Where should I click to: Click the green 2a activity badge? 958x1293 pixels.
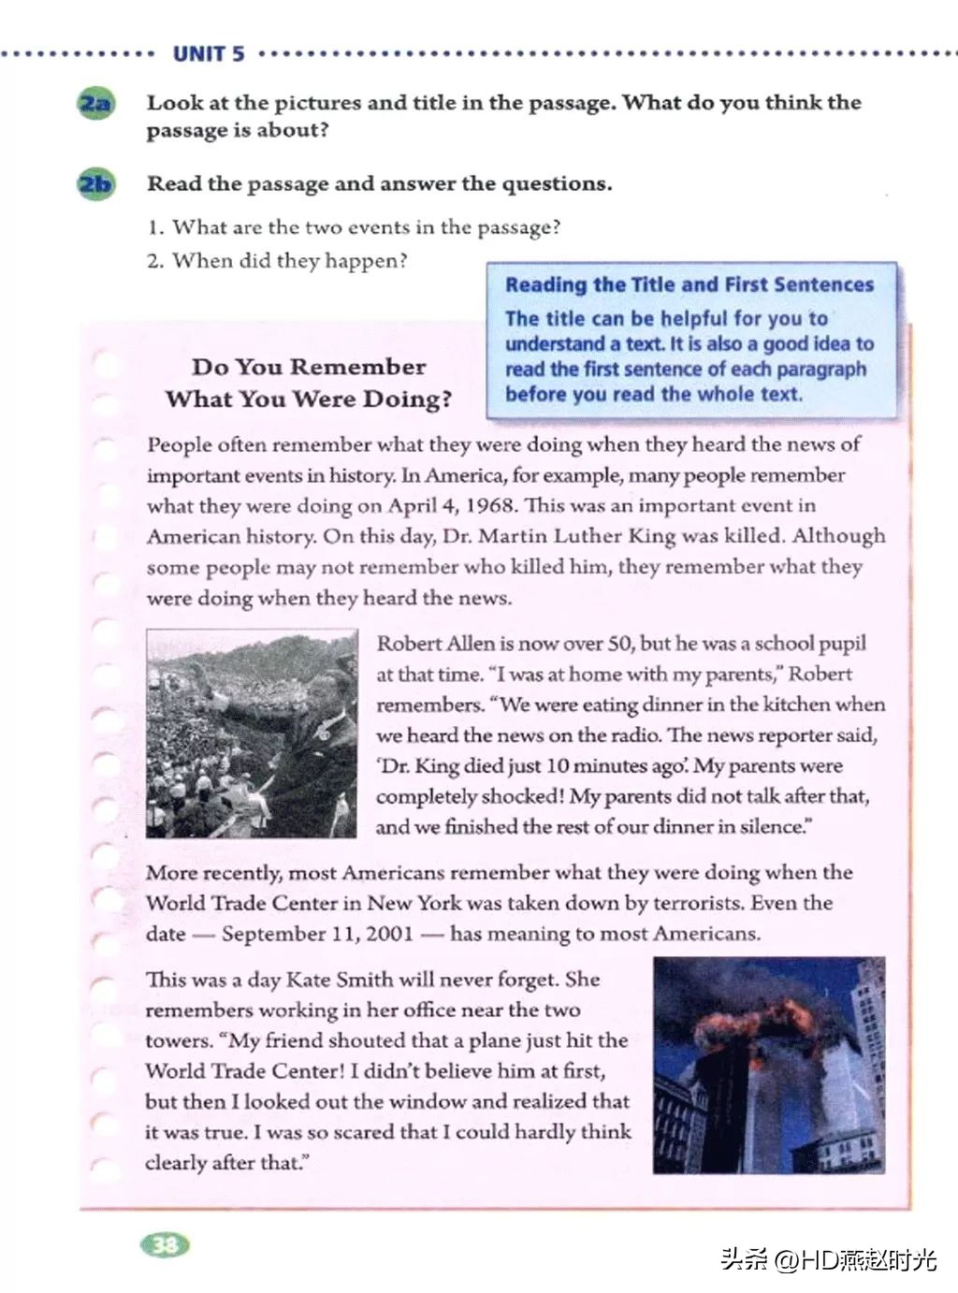pos(94,103)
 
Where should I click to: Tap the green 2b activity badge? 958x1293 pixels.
pos(94,184)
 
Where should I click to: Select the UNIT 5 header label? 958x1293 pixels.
pos(209,54)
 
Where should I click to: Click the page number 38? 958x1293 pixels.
pos(165,1244)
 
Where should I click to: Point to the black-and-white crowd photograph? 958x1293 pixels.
pos(252,734)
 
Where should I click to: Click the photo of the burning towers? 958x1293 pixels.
pos(768,1065)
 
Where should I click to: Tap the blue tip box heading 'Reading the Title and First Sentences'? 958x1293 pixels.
pos(689,284)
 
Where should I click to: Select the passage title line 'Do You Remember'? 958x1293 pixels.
pos(309,367)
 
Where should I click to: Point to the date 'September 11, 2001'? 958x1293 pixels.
pos(317,934)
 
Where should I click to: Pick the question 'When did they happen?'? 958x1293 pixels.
pos(277,261)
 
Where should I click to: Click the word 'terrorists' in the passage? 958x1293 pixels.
pos(672,903)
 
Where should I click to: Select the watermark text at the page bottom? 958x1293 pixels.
pos(828,1259)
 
